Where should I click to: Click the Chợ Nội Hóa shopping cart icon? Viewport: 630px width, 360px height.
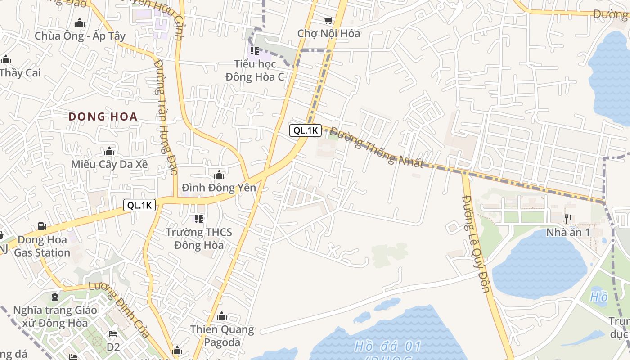click(328, 20)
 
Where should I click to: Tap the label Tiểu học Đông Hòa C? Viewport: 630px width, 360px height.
click(255, 70)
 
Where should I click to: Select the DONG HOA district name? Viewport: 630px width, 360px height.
click(103, 117)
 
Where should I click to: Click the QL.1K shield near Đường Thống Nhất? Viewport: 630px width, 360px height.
click(306, 130)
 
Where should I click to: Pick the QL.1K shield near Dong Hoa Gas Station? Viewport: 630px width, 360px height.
click(140, 205)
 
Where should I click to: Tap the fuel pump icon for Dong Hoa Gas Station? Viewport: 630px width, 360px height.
click(42, 226)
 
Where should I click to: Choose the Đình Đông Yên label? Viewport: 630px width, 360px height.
click(219, 187)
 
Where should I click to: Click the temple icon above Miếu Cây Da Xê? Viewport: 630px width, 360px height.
click(109, 151)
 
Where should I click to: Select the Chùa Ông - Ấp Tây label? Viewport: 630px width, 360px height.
click(80, 36)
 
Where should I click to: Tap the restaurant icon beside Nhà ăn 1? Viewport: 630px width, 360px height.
click(568, 219)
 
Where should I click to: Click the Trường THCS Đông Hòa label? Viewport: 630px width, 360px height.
click(199, 238)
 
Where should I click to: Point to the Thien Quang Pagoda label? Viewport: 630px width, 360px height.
click(222, 336)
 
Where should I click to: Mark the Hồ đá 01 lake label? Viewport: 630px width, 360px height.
click(387, 346)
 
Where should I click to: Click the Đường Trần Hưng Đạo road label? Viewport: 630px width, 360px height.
click(165, 117)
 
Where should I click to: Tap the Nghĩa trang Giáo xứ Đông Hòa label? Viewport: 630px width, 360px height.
click(54, 316)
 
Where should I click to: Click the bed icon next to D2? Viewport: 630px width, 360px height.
click(112, 334)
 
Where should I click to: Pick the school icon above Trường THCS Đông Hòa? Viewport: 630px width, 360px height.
click(198, 219)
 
